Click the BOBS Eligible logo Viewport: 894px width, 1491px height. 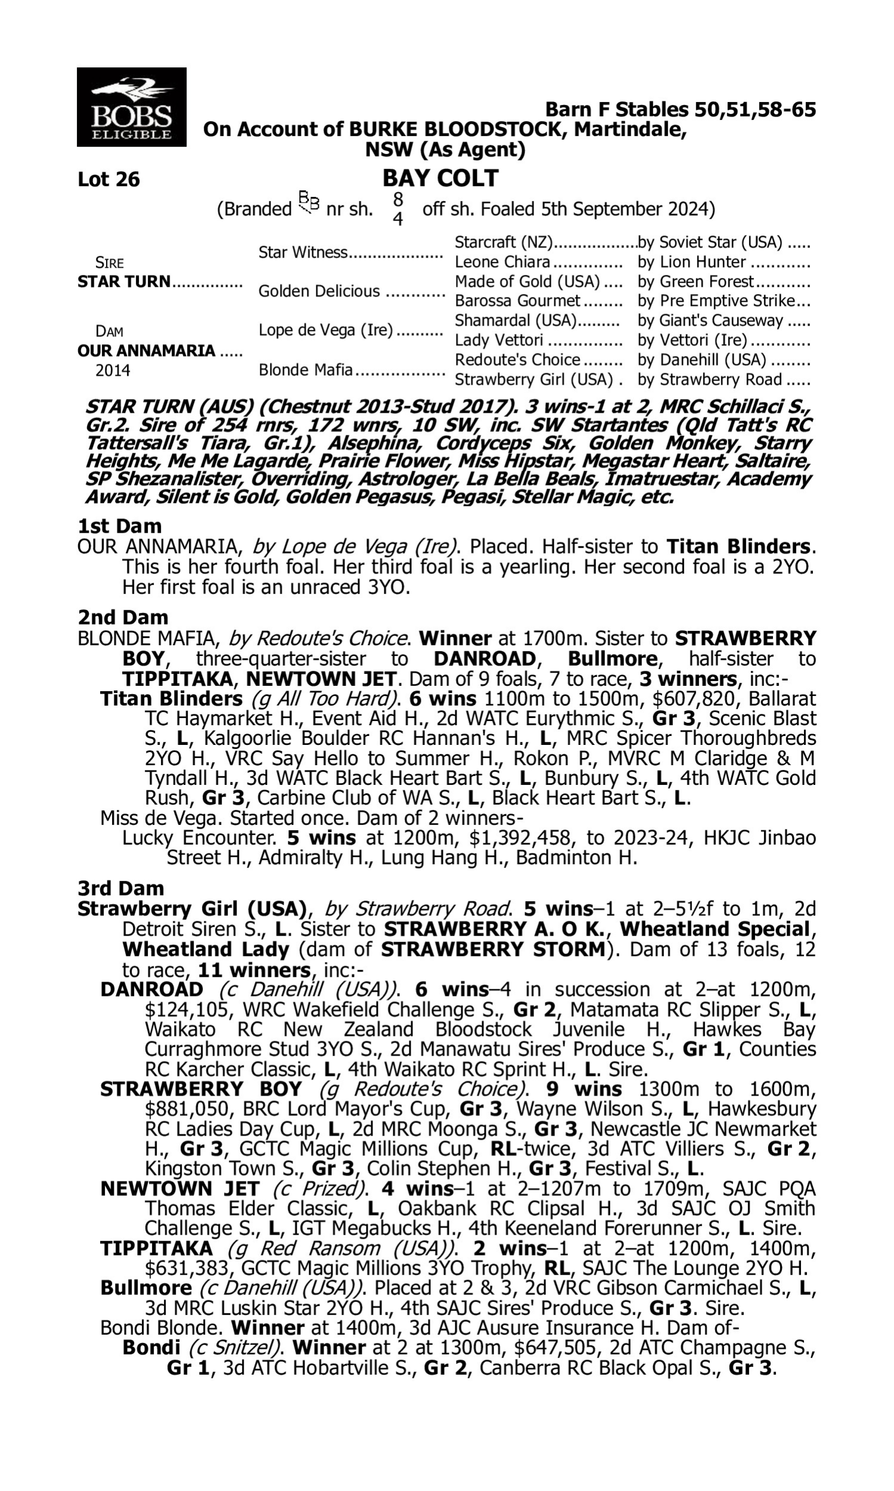click(x=131, y=107)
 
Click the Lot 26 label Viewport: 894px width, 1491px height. click(x=108, y=179)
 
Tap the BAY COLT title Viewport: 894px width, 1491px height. click(x=440, y=178)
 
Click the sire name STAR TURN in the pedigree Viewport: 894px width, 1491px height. click(x=124, y=282)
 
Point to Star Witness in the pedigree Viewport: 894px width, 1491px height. click(x=303, y=252)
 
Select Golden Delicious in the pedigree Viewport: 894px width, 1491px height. click(x=319, y=291)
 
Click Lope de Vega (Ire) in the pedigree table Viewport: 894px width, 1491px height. click(x=326, y=330)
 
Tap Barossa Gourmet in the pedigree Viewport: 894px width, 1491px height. click(x=517, y=301)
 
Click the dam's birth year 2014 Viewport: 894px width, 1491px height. click(x=113, y=370)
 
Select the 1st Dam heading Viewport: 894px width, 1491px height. click(x=119, y=526)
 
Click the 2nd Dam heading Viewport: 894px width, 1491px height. click(x=122, y=617)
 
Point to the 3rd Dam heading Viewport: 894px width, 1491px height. click(x=121, y=887)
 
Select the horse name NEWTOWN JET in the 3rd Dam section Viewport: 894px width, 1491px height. click(x=179, y=1189)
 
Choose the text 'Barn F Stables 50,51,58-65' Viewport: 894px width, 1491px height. click(x=680, y=110)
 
